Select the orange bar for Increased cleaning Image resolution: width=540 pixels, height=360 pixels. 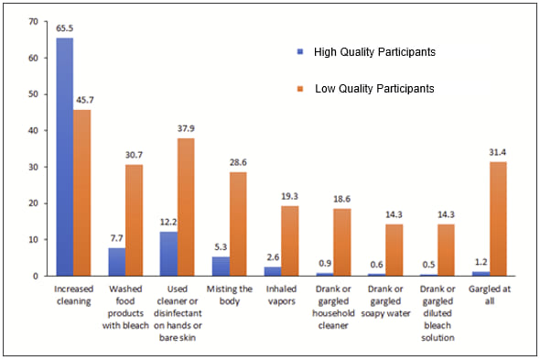click(83, 192)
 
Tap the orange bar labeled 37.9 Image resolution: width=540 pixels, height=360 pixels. click(186, 207)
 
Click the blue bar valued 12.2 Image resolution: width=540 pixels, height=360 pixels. click(168, 254)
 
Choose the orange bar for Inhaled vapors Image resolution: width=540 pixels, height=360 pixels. click(289, 241)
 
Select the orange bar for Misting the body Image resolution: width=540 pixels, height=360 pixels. click(238, 224)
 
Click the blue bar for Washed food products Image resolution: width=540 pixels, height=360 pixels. click(117, 262)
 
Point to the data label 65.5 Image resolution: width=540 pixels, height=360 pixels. click(63, 29)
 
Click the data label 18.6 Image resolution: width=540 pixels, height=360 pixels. click(341, 200)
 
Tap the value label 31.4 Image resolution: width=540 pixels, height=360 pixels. click(497, 153)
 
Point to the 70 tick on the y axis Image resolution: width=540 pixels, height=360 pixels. click(33, 21)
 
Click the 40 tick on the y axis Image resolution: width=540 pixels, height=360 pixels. click(33, 130)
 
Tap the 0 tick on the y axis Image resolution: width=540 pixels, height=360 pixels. click(36, 276)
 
